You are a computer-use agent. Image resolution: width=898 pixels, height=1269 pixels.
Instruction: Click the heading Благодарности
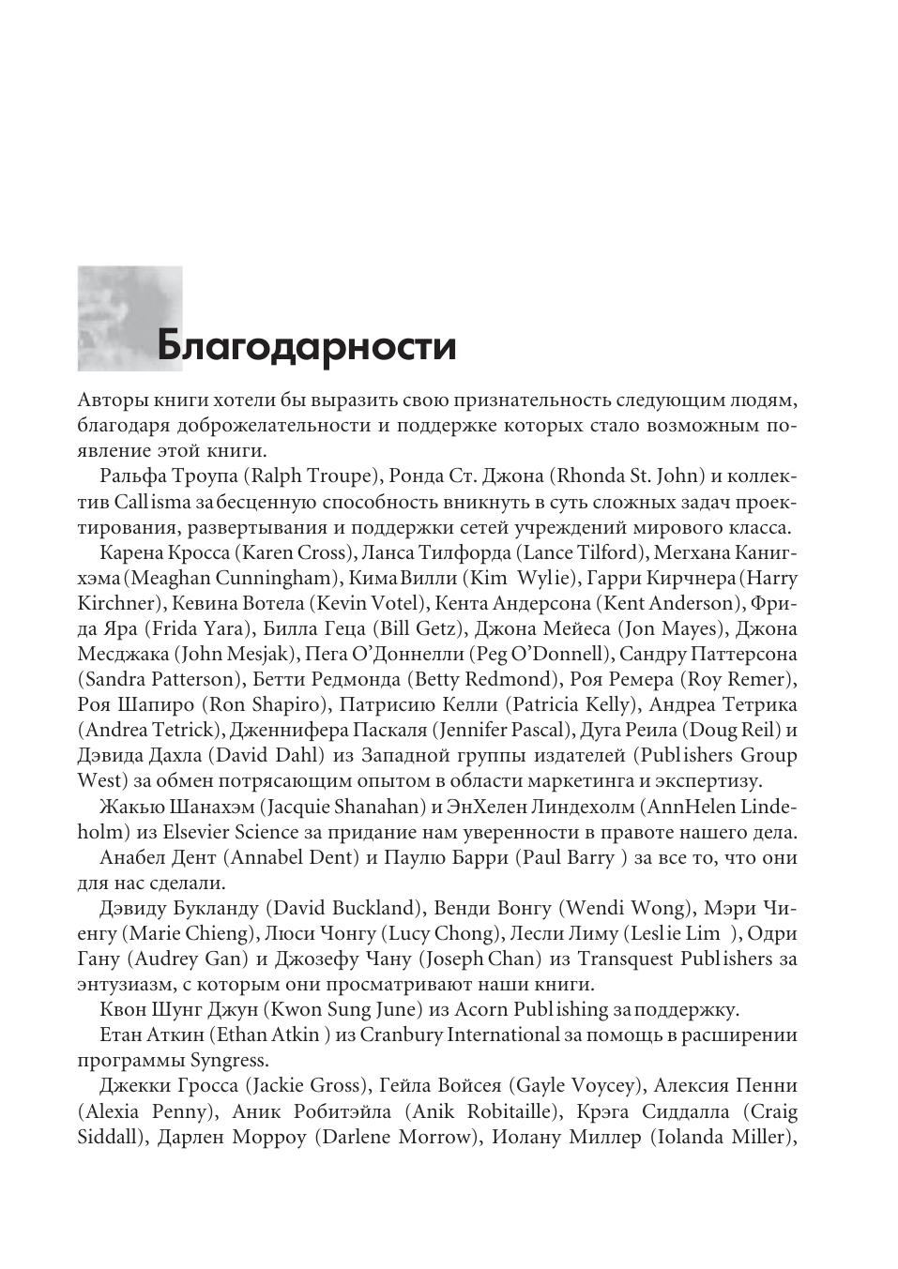click(306, 346)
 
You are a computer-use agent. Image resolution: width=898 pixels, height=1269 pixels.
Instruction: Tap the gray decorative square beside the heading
click(129, 317)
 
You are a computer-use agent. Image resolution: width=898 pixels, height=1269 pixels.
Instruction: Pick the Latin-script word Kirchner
click(109, 603)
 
